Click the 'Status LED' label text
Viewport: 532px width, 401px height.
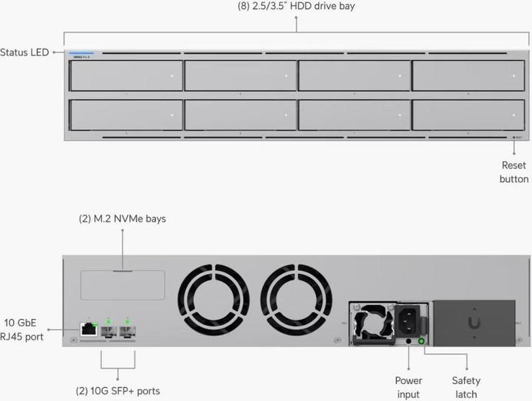25,52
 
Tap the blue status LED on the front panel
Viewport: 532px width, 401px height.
77,54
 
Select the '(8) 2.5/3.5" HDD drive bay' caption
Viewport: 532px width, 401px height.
296,7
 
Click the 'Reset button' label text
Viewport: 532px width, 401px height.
514,172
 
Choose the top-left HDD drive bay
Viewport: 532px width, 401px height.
126,76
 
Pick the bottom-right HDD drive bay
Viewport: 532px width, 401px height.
469,115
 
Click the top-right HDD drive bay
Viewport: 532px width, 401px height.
469,76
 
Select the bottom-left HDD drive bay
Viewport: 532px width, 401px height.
126,115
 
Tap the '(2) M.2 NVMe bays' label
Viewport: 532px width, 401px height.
123,219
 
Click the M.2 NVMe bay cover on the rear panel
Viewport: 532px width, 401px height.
123,284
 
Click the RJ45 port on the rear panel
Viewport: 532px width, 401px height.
88,329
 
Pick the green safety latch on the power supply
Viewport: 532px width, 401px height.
422,340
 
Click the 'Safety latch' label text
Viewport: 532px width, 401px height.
465,388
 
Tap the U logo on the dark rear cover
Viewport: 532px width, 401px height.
473,323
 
